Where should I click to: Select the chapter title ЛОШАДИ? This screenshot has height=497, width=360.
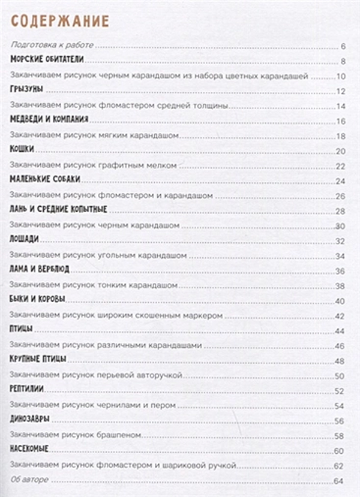[25, 240]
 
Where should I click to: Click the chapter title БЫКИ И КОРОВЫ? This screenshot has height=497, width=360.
[37, 300]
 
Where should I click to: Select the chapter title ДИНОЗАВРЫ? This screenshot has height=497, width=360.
[29, 420]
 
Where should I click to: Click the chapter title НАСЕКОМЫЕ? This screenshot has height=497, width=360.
[30, 450]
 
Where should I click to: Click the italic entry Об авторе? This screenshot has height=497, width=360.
[30, 480]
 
